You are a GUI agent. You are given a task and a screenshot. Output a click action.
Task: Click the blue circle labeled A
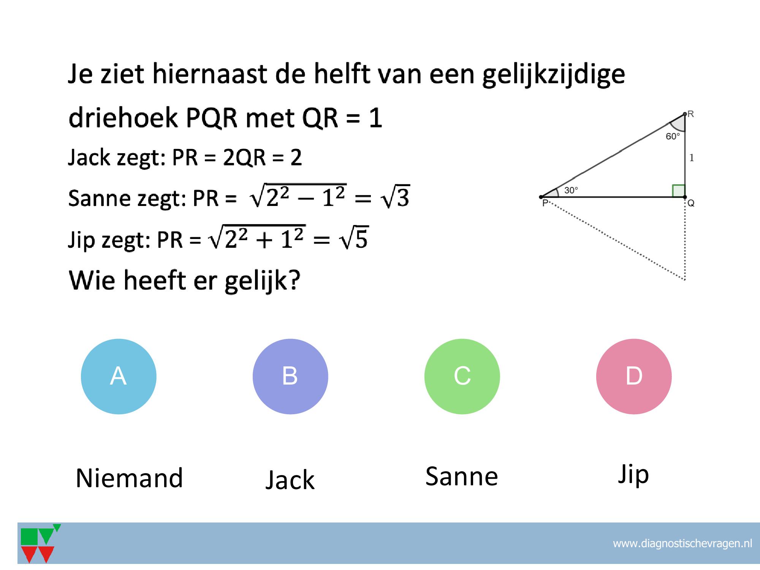point(119,376)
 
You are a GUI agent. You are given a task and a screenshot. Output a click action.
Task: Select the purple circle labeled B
point(290,376)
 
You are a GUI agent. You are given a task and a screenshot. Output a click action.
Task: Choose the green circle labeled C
point(462,376)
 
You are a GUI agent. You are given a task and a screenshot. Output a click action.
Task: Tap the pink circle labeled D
point(634,376)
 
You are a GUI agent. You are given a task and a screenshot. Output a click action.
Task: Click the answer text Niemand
point(130,478)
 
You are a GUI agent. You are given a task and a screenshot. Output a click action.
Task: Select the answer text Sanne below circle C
point(462,476)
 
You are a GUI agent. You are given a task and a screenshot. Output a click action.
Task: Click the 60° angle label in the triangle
point(673,136)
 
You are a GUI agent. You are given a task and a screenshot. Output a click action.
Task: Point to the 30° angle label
point(571,190)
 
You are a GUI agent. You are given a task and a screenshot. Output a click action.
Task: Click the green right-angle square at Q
point(678,191)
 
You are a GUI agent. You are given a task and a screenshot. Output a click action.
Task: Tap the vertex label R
point(691,114)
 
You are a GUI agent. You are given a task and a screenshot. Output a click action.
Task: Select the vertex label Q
point(691,203)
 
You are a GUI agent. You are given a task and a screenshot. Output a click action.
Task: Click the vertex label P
point(545,203)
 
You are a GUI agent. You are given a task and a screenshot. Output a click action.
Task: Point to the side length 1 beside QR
point(692,158)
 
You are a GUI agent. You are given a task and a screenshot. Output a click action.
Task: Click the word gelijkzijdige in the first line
point(554,74)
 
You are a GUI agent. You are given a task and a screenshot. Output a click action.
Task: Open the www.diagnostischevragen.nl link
point(682,543)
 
